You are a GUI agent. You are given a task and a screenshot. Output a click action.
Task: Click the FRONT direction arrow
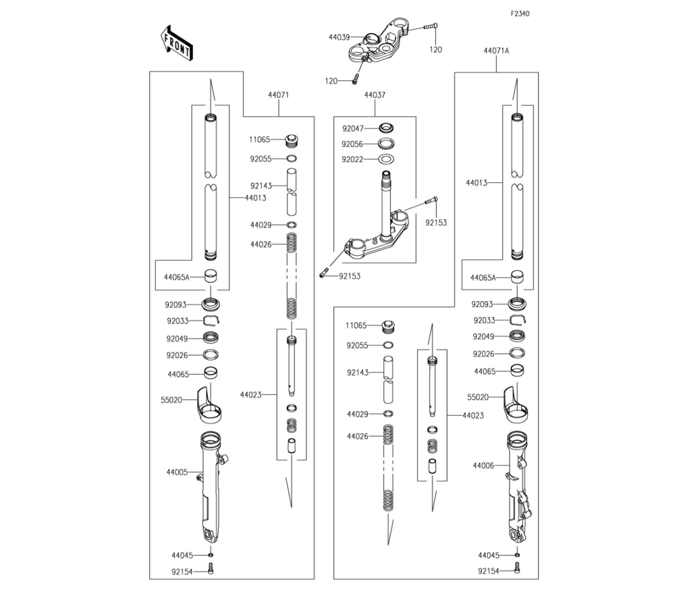[176, 43]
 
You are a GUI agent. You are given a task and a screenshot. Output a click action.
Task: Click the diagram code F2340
[520, 13]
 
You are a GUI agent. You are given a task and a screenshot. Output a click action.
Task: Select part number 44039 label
[340, 37]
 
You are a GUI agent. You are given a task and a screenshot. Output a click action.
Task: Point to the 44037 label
[375, 95]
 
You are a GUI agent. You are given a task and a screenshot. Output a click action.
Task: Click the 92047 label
[353, 129]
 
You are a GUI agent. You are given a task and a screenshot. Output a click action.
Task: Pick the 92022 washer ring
[386, 159]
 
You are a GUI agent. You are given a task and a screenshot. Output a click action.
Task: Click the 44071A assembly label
[496, 51]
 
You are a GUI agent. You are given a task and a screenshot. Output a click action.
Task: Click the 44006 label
[483, 466]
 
